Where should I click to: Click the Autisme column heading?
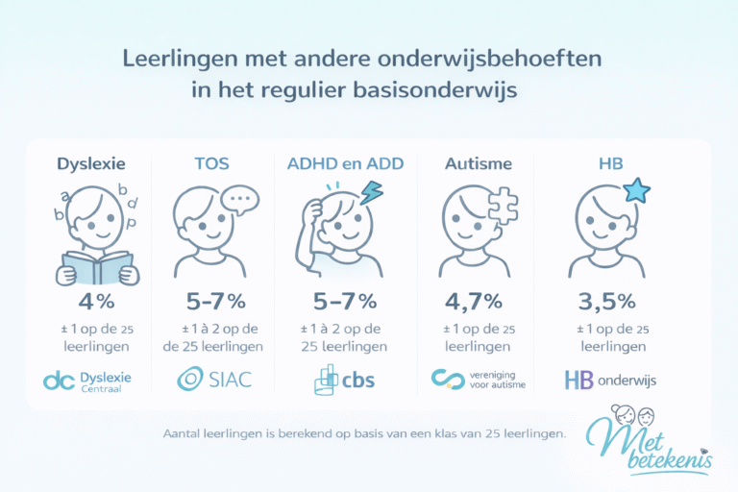pos(478,163)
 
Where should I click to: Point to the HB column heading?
pos(610,163)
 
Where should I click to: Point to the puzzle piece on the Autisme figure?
pos(503,203)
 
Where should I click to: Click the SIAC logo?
pos(214,379)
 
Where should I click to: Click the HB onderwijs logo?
pos(610,380)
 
